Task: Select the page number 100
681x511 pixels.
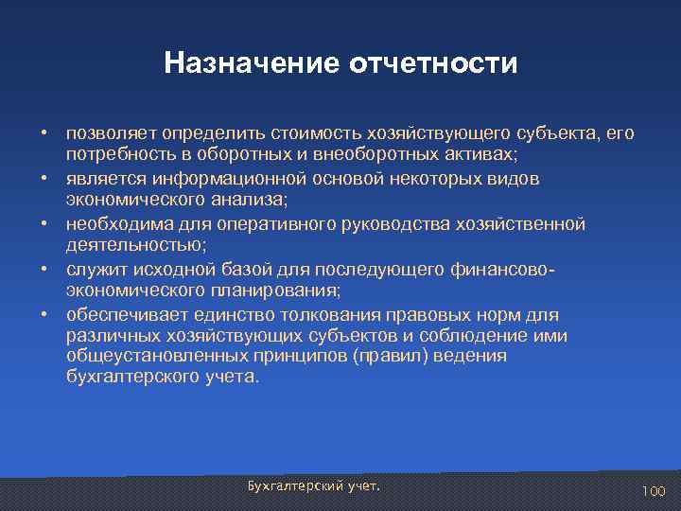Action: click(x=654, y=491)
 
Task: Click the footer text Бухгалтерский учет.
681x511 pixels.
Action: click(x=313, y=485)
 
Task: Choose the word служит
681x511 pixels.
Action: click(x=93, y=270)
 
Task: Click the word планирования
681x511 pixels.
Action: click(x=283, y=291)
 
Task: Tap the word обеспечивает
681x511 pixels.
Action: click(x=123, y=315)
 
